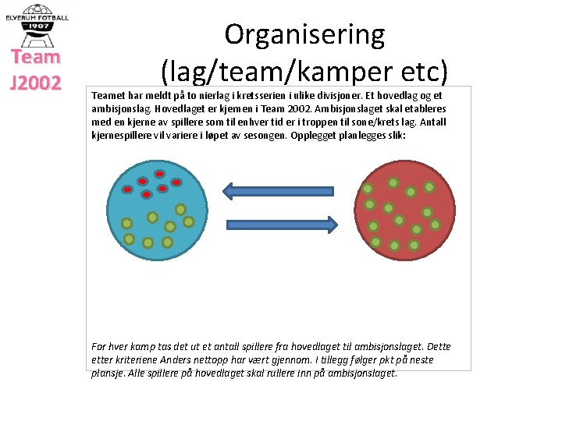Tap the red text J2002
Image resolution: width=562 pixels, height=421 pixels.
[36, 83]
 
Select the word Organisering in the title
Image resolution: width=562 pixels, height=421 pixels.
[304, 34]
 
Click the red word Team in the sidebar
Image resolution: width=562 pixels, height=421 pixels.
[36, 57]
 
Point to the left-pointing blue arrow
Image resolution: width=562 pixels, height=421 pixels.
[279, 190]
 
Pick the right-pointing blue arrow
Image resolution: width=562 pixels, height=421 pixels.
[279, 225]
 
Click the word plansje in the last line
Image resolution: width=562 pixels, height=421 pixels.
[108, 373]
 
